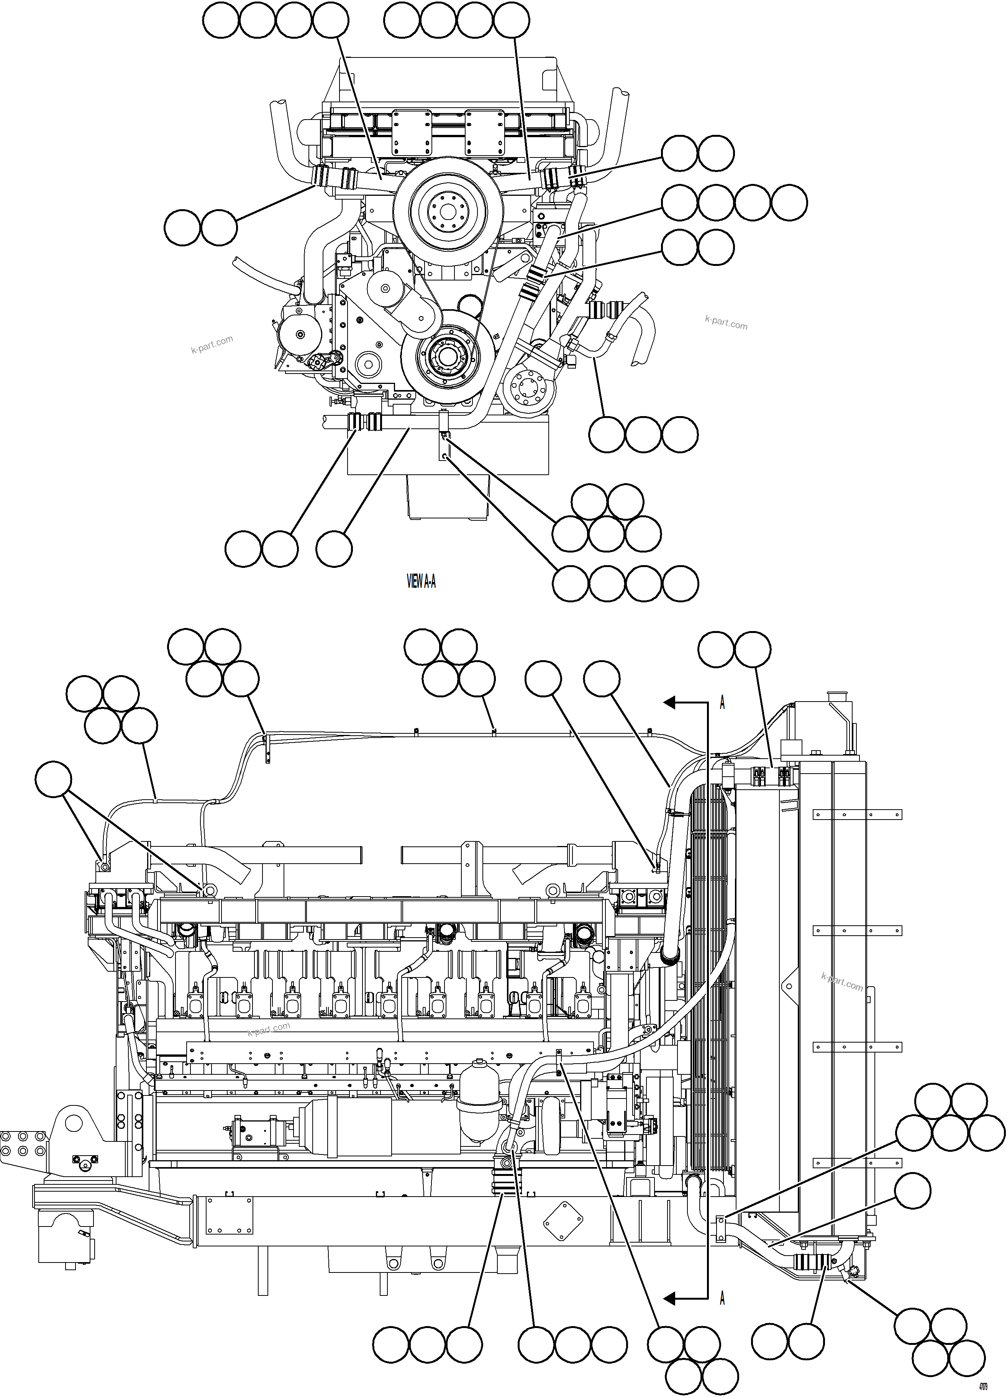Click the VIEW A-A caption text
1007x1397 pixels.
pos(421,581)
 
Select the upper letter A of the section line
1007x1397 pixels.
pos(722,703)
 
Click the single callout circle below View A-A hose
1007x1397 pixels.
pos(335,548)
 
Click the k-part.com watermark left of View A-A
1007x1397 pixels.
pos(212,344)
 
